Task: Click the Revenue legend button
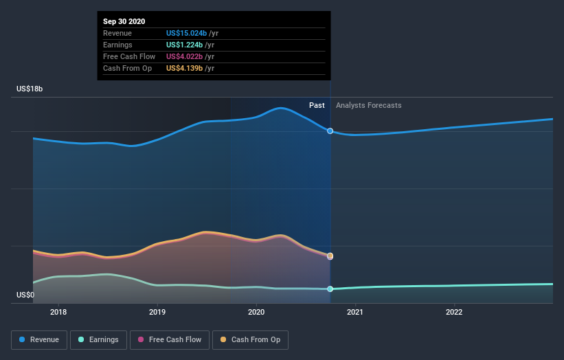[40, 339]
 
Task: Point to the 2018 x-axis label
[59, 312]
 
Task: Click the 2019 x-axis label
[157, 312]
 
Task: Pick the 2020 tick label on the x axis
[256, 312]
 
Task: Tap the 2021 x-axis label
[355, 312]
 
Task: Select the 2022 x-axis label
[454, 312]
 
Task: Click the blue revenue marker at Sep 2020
[330, 131]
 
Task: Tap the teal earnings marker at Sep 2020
[330, 289]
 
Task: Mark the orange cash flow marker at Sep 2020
[330, 256]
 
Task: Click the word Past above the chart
[317, 105]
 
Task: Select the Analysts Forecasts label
[369, 105]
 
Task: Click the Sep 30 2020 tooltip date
[124, 21]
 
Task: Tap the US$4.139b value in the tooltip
[189, 68]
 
